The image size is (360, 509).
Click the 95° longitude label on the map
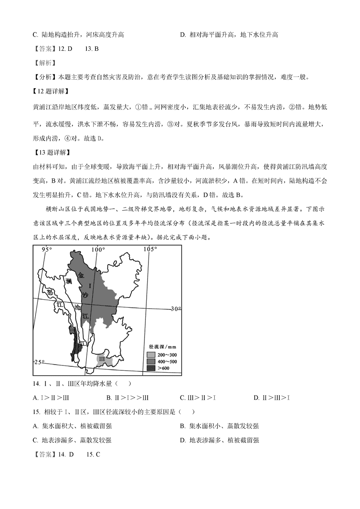tap(47, 249)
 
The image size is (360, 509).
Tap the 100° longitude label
tap(99, 249)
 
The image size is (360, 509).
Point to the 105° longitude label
tap(150, 249)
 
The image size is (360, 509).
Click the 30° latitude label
tap(175, 309)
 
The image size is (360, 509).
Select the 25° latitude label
tap(40, 362)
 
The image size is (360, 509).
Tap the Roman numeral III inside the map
tap(102, 359)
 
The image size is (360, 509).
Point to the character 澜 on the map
tap(68, 281)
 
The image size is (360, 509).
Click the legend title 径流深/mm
tap(162, 347)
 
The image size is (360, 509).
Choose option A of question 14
tap(51, 397)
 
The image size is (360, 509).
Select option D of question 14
tap(271, 397)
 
